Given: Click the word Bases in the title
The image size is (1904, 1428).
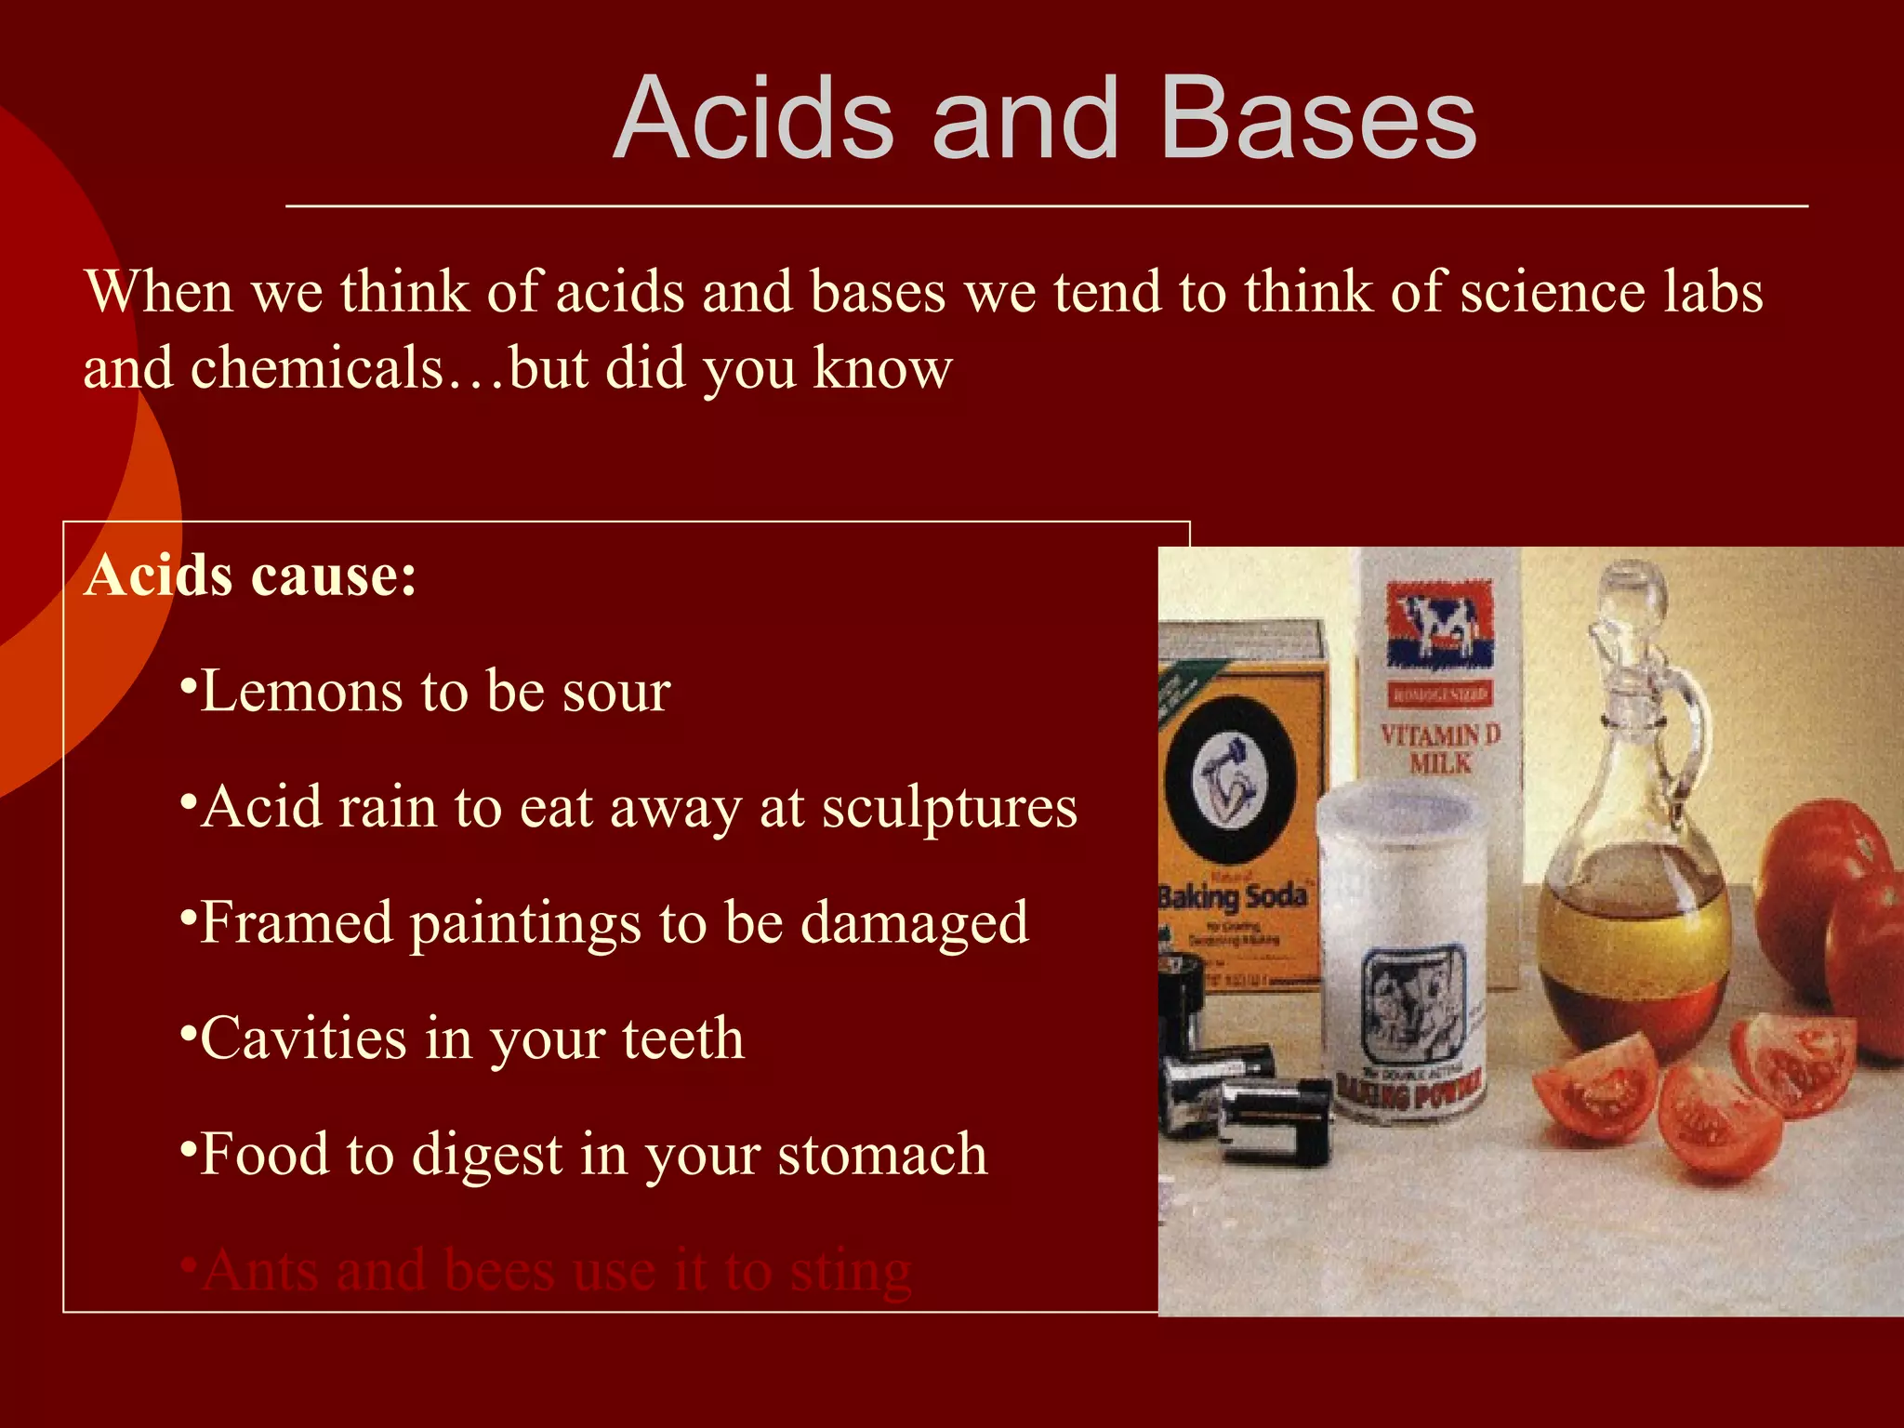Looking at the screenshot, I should (x=1317, y=119).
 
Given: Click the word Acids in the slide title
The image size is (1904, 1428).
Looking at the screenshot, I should (x=754, y=119).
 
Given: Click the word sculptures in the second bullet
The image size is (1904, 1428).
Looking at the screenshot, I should (x=949, y=807).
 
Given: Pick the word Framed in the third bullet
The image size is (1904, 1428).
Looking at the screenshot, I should (x=296, y=922).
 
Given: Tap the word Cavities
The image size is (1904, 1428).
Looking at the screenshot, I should (x=303, y=1038).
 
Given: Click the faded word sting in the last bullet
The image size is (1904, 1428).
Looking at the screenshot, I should (x=850, y=1272).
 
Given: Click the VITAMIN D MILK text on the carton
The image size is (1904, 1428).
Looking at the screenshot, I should (x=1440, y=748).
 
